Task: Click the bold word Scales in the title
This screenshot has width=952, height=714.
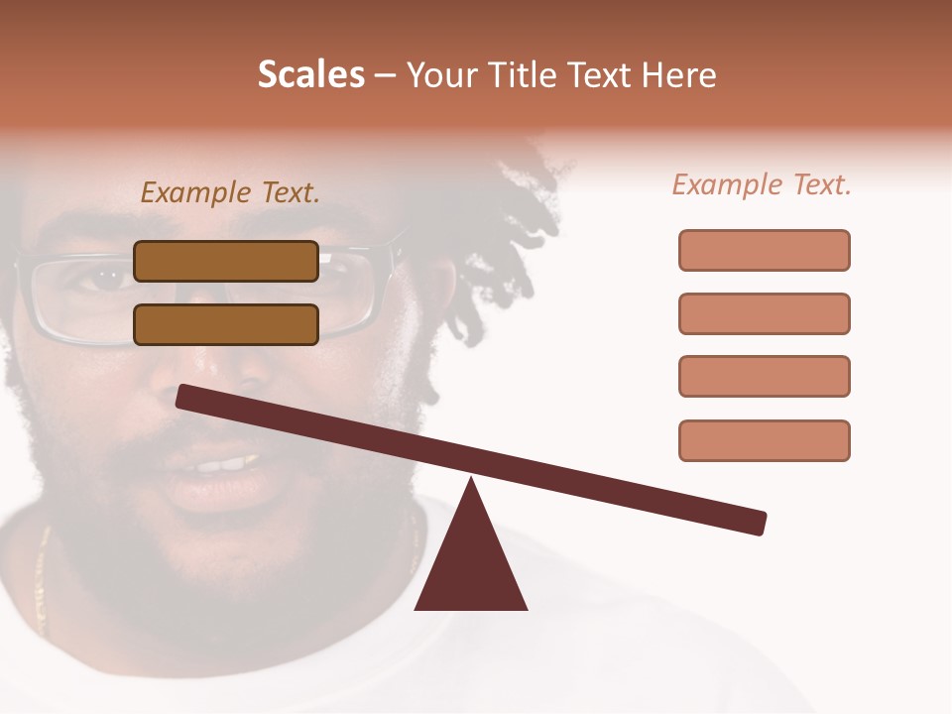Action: point(310,75)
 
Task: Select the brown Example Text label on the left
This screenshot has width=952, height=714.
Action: point(230,192)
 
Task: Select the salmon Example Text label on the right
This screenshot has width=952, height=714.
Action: point(762,184)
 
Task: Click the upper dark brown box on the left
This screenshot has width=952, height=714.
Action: point(226,261)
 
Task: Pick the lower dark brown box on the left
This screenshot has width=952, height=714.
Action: point(226,324)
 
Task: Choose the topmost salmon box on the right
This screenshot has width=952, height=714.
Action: point(764,250)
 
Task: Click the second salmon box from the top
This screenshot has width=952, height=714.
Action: point(764,313)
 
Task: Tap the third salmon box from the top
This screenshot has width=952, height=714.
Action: point(764,377)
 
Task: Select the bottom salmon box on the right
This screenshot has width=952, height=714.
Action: point(764,440)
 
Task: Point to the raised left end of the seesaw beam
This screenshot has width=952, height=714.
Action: point(188,397)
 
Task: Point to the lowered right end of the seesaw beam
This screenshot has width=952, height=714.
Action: point(754,522)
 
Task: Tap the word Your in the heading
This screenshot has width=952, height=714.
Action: point(439,75)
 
